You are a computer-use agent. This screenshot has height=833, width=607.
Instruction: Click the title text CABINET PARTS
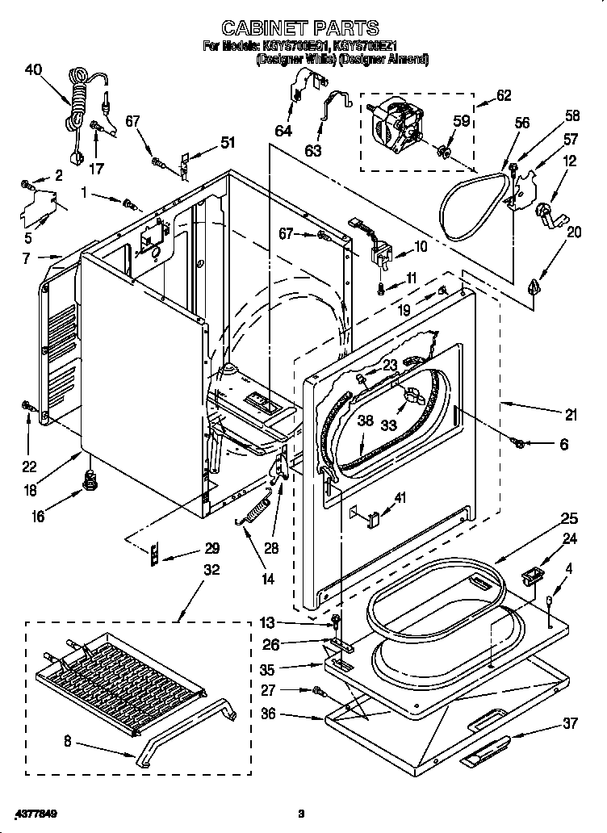(x=301, y=30)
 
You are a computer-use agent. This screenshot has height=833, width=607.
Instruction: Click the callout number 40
(x=33, y=69)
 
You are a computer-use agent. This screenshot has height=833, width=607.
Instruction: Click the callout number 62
(x=503, y=95)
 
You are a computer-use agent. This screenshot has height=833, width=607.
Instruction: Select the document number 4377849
(x=36, y=813)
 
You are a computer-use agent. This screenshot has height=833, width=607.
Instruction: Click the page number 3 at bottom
(x=301, y=813)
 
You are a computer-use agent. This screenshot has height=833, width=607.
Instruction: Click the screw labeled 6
(x=521, y=442)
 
